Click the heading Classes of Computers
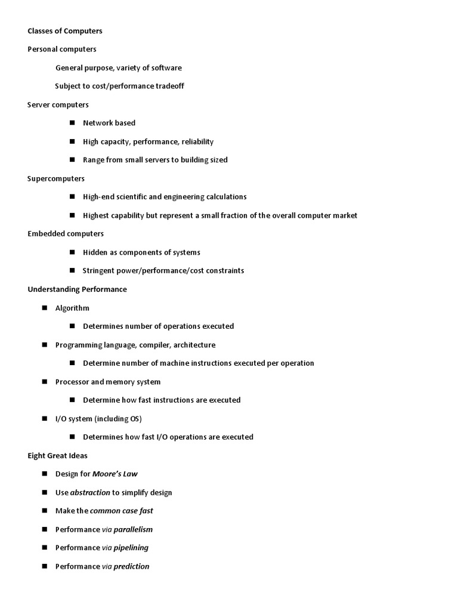tap(65, 30)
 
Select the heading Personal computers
tap(61, 49)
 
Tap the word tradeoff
tap(169, 86)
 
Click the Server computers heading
tap(58, 104)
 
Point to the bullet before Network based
tap(72, 123)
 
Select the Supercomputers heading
tap(56, 178)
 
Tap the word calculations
tap(226, 197)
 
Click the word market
tap(345, 215)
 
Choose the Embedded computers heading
tap(66, 233)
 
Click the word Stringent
tap(99, 270)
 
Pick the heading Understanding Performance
tap(77, 289)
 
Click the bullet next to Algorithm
tap(45, 308)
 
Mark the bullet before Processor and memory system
tap(45, 382)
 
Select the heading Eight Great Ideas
tap(57, 455)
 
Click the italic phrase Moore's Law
tap(115, 474)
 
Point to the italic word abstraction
tap(90, 492)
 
